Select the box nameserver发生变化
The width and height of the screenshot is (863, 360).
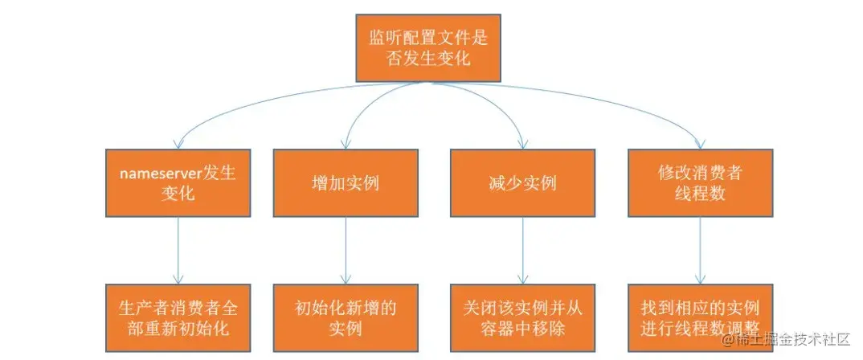coord(177,182)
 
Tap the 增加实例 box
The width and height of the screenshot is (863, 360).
coord(346,182)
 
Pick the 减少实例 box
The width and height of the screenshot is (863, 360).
coord(523,182)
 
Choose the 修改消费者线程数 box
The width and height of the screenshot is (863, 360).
coord(700,182)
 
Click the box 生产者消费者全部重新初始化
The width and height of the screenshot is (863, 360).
coord(177,318)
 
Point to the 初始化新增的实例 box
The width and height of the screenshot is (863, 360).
coord(346,318)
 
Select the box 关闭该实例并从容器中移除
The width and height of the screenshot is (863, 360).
coord(523,318)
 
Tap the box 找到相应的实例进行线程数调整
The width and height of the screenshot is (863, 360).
coord(700,318)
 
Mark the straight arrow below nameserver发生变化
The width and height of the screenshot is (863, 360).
coord(177,249)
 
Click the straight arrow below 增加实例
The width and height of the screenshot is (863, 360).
coord(346,249)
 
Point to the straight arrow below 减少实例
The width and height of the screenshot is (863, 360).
coord(523,249)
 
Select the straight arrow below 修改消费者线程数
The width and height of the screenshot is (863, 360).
coord(700,249)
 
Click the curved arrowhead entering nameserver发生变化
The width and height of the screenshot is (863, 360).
coord(178,144)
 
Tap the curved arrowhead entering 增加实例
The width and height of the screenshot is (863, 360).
coord(346,144)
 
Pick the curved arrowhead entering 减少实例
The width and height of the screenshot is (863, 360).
coord(523,144)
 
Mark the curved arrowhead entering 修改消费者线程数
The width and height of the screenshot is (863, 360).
coord(700,144)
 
